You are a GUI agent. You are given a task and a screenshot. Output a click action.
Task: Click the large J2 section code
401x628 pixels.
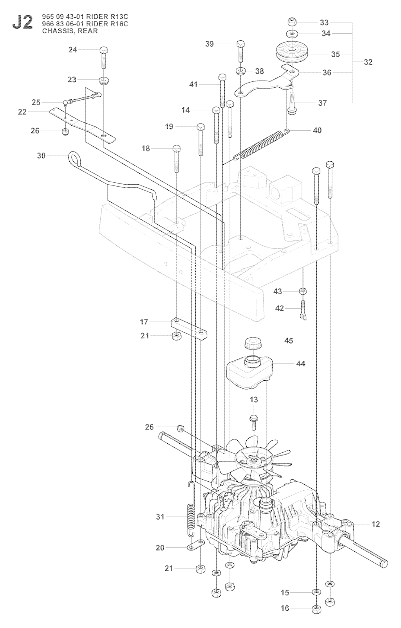22,23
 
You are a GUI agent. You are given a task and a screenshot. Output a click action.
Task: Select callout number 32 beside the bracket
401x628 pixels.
368,62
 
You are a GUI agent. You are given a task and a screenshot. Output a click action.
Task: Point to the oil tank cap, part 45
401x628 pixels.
253,344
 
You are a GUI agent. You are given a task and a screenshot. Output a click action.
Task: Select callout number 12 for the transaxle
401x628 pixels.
376,524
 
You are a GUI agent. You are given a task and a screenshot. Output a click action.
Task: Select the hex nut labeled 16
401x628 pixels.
315,610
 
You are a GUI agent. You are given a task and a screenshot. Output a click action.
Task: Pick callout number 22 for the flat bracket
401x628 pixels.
22,112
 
